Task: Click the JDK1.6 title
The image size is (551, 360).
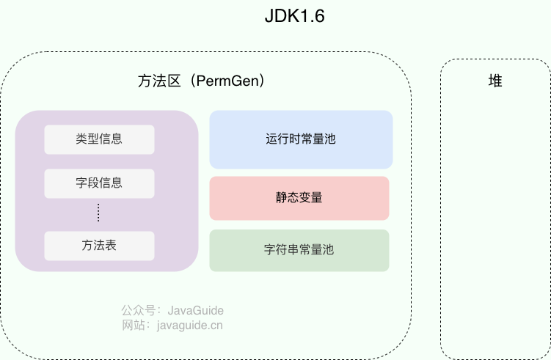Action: [294, 16]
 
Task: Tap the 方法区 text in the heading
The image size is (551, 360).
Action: [159, 81]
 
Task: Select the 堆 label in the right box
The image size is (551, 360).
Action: [495, 81]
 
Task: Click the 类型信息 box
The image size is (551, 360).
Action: [99, 139]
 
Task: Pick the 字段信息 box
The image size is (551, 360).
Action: [99, 184]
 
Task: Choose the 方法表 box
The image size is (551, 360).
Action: [99, 246]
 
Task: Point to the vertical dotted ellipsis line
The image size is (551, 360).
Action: [98, 213]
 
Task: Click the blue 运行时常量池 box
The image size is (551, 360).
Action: [301, 139]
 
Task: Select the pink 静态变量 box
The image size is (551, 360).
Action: [299, 198]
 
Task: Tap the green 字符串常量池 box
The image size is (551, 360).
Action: [299, 251]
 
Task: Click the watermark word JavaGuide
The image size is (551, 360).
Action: [195, 310]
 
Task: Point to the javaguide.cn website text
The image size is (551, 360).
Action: [190, 326]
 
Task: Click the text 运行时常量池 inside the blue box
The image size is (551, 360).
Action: [301, 139]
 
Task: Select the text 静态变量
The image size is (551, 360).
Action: [299, 197]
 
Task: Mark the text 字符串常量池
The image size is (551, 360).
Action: [299, 250]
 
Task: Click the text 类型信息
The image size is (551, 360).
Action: [99, 139]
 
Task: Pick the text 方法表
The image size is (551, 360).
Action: [99, 245]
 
